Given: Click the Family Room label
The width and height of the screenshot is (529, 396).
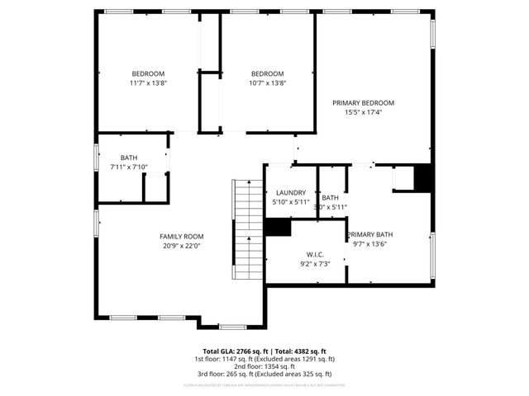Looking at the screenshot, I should pyautogui.click(x=181, y=236).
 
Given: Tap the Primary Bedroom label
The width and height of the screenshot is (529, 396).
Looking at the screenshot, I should pyautogui.click(x=364, y=102).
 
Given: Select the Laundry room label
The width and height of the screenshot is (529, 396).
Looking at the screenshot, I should pyautogui.click(x=291, y=193).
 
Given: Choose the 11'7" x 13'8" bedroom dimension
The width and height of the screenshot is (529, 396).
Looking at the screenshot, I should pyautogui.click(x=148, y=82).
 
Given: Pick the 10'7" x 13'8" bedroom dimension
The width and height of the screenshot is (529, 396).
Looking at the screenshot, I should pyautogui.click(x=267, y=82).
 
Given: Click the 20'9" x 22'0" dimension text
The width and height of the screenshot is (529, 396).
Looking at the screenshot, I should pyautogui.click(x=181, y=245).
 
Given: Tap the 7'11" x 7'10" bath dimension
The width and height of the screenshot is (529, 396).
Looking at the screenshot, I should pyautogui.click(x=129, y=167).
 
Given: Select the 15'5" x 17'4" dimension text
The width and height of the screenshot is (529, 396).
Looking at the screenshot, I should pyautogui.click(x=364, y=112).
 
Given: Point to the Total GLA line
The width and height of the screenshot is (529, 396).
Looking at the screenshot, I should pyautogui.click(x=264, y=351).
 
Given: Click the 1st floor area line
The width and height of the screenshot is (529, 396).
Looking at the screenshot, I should pyautogui.click(x=264, y=359).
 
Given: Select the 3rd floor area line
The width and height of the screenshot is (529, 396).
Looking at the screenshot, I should pyautogui.click(x=264, y=375).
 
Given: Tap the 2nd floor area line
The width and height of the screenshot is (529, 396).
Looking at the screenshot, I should pyautogui.click(x=264, y=367).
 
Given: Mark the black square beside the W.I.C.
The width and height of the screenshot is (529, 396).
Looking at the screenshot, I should pyautogui.click(x=278, y=229).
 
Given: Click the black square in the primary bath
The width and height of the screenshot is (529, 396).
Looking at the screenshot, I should pyautogui.click(x=422, y=177).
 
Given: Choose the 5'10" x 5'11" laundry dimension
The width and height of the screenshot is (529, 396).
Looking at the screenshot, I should pyautogui.click(x=291, y=202).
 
